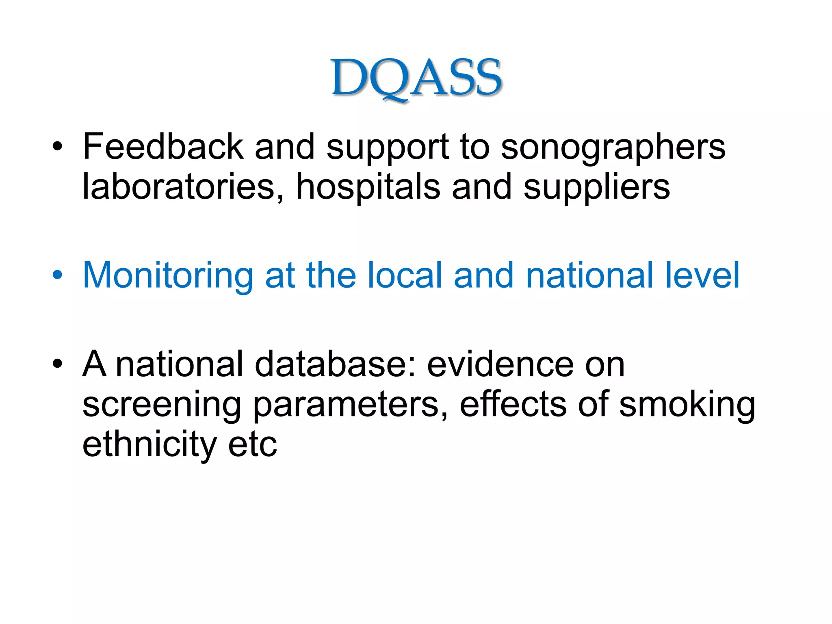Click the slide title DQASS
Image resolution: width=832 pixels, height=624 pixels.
pos(417,78)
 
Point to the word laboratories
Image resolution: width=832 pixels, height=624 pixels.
pos(179,186)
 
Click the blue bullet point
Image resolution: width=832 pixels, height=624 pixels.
pos(57,275)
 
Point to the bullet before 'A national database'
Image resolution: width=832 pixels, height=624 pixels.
pos(57,364)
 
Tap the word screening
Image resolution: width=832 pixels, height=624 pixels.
pos(162,405)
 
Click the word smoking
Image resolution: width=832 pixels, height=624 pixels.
pos(687,405)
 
